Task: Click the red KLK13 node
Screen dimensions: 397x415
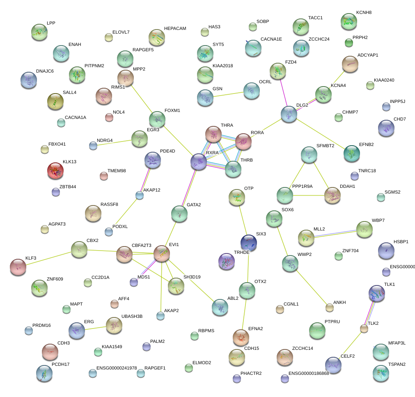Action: tap(56, 171)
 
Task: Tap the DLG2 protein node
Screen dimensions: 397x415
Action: tap(289, 114)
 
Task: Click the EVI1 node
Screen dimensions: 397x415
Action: tap(162, 254)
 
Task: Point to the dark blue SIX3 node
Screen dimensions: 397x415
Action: tap(249, 242)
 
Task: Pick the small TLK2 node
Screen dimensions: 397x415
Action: tap(364, 328)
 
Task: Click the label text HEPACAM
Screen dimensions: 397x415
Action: tap(175, 29)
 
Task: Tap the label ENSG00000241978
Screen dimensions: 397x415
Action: tap(117, 368)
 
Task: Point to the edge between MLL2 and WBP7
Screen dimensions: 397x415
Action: tap(335, 233)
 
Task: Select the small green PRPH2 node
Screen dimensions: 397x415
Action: tap(349, 42)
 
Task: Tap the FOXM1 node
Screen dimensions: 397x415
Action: tap(156, 119)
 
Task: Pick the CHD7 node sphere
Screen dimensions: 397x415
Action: tap(386, 128)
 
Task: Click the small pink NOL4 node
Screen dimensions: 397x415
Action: tap(109, 117)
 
